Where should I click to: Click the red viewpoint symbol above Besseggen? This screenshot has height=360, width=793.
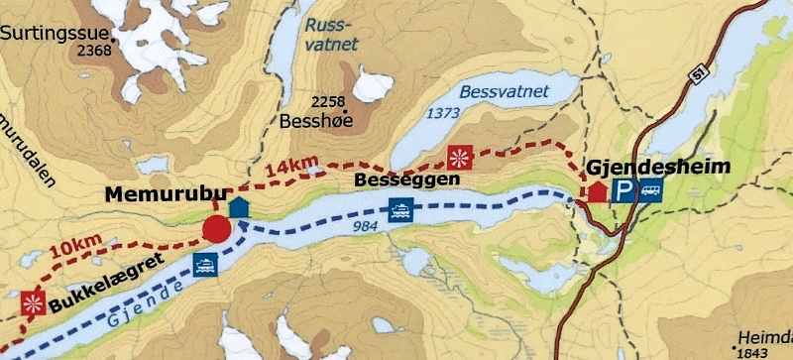pyautogui.click(x=458, y=157)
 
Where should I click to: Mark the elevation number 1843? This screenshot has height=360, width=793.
pyautogui.click(x=756, y=351)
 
